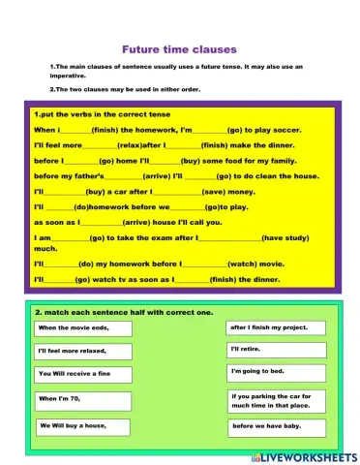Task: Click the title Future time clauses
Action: (x=178, y=48)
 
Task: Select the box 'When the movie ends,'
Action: (x=82, y=327)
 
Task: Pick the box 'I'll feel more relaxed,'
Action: (x=82, y=351)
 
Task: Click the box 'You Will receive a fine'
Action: (x=82, y=373)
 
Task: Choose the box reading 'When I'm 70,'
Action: (x=82, y=399)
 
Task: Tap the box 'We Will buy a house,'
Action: (x=82, y=425)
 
